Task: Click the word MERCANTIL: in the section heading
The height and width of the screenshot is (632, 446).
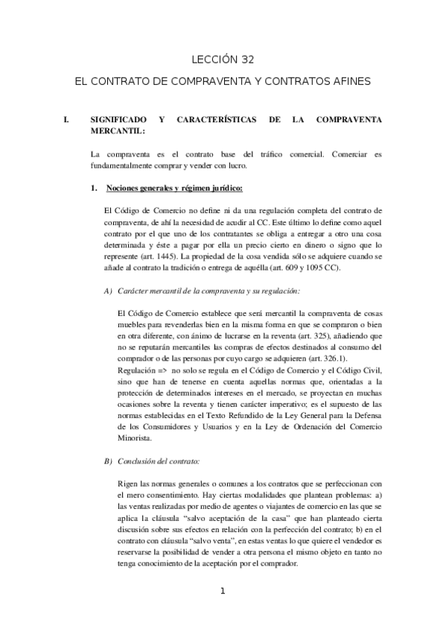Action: click(x=115, y=130)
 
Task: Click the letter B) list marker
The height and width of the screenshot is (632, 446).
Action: click(x=108, y=461)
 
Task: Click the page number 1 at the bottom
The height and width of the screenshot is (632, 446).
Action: click(x=222, y=591)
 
